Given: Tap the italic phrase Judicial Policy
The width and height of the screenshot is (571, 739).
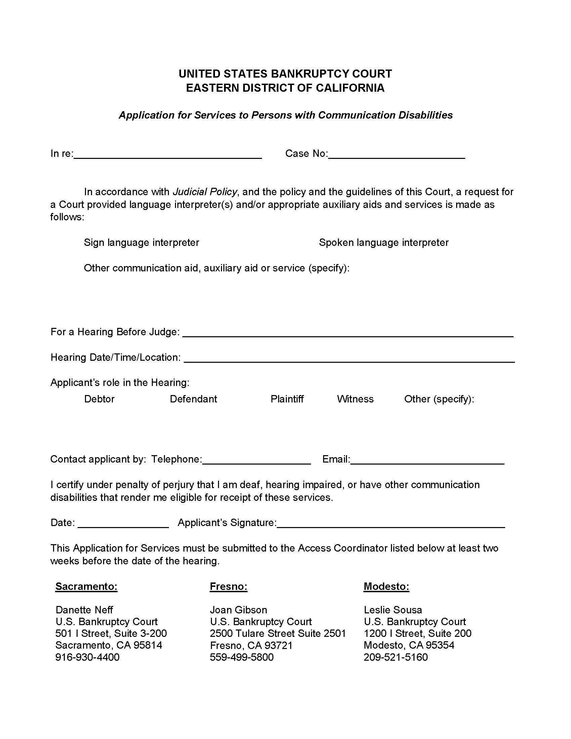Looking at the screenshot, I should (205, 192).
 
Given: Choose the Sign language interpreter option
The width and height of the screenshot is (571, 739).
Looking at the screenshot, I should (141, 243).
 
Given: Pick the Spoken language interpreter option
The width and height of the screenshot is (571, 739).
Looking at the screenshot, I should (384, 243).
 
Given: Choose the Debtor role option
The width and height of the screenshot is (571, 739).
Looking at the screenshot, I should (99, 399).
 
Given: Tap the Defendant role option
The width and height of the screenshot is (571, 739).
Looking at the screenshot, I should (193, 399).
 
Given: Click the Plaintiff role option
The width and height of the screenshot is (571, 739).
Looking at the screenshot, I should (287, 399).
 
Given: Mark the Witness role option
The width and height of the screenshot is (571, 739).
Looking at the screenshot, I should (355, 399).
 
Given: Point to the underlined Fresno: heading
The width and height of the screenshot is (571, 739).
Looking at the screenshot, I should (228, 586).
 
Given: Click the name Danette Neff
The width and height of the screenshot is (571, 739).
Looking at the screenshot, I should (84, 610).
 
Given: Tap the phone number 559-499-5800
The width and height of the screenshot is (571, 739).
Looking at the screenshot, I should (241, 657).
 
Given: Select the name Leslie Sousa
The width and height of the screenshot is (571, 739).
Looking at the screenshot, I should (393, 610).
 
